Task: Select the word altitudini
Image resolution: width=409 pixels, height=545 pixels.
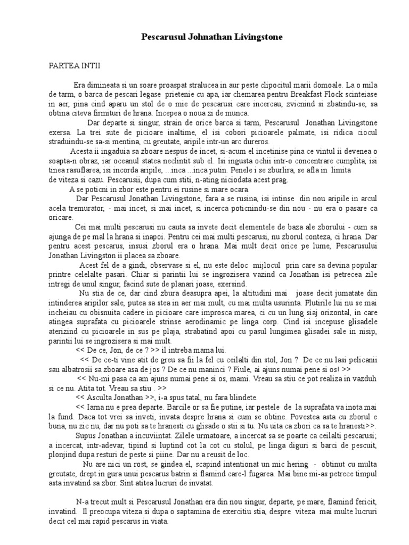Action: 262,293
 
